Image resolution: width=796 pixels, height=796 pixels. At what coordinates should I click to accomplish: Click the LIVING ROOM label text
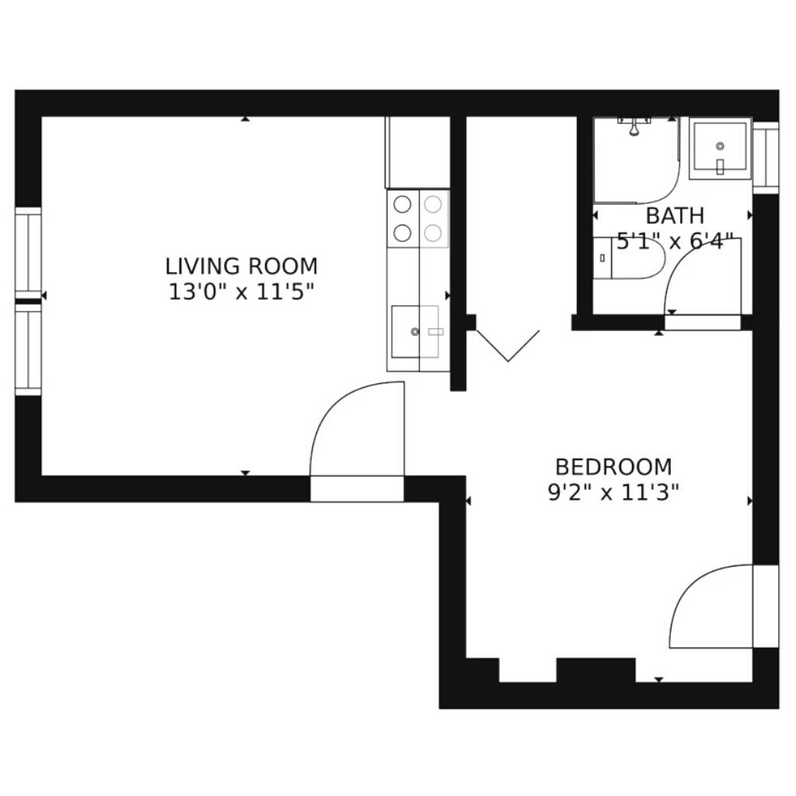[x=241, y=266]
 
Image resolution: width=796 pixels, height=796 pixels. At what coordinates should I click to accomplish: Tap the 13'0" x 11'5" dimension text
[x=241, y=292]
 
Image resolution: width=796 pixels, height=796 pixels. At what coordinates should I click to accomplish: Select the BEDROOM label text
[x=613, y=466]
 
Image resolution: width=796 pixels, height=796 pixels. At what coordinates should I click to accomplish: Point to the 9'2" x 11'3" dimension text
[x=613, y=492]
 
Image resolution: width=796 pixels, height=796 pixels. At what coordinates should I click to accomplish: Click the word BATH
[x=675, y=216]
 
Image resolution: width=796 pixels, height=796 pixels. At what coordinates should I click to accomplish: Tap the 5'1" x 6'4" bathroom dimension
[x=676, y=241]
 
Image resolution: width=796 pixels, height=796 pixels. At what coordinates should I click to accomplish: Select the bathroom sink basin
[x=720, y=148]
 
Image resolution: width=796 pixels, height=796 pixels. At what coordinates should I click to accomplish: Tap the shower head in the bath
[x=634, y=127]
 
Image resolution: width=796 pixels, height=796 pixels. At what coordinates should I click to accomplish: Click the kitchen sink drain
[x=415, y=331]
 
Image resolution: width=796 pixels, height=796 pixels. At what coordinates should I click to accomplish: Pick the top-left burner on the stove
[x=403, y=204]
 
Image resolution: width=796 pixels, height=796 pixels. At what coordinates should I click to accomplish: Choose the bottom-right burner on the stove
[x=433, y=233]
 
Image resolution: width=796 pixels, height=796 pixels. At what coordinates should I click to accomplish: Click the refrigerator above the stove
[x=417, y=152]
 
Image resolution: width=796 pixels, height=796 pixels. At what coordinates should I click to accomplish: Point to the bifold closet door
[x=508, y=346]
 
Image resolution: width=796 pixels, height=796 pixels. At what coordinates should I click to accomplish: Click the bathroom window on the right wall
[x=766, y=157]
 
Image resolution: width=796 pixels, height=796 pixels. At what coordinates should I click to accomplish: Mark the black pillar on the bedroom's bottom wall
[x=596, y=670]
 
